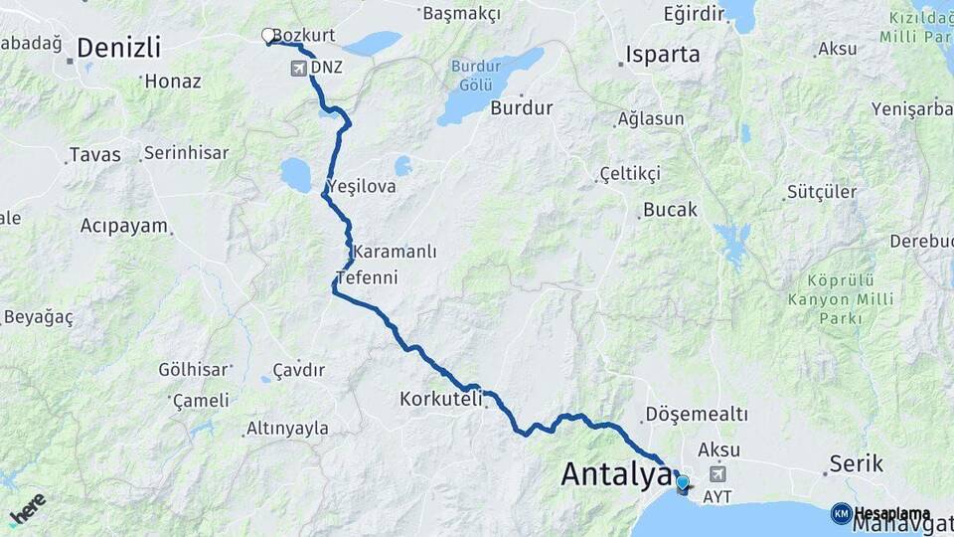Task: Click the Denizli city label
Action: pos(118,48)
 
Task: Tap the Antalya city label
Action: pos(616,474)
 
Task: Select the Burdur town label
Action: pos(521,107)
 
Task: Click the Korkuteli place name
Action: pos(440,399)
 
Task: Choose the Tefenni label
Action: pos(368,277)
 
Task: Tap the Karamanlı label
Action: pos(395,252)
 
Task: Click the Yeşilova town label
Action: pos(361,186)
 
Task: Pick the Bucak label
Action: pos(671,210)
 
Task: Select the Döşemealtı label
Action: pos(697,413)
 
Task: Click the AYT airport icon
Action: pos(717,474)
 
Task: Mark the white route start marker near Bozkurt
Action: pos(267,36)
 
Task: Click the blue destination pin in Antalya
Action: pos(682,484)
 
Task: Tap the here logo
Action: pos(27,508)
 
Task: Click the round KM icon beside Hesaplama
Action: pos(841,513)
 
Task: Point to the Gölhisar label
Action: pos(193,370)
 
